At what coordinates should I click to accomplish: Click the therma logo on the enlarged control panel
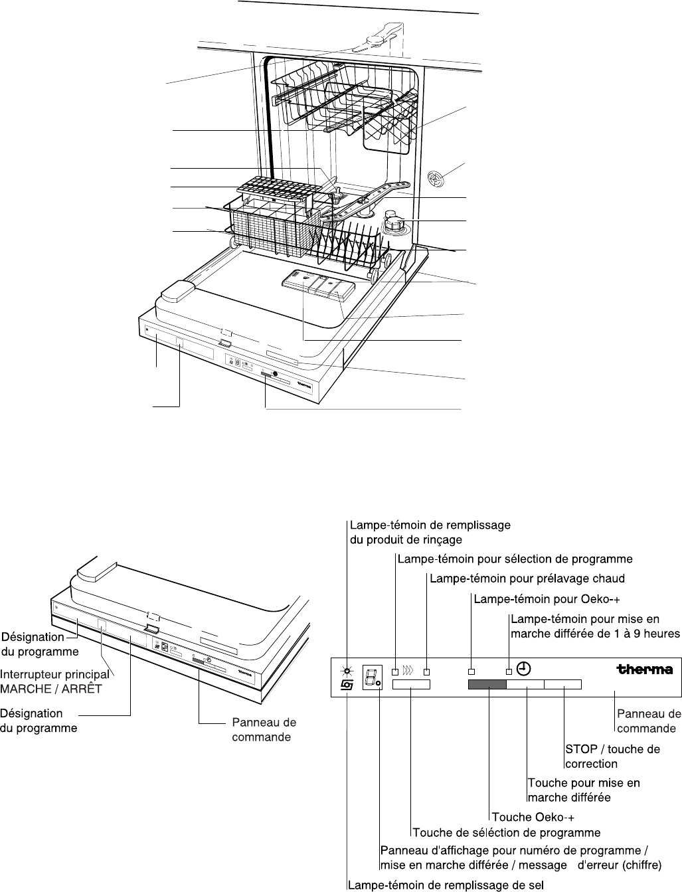(x=644, y=669)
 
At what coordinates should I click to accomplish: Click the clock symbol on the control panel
(x=523, y=668)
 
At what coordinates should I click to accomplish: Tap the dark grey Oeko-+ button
(x=487, y=685)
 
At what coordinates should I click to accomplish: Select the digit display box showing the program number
(x=373, y=677)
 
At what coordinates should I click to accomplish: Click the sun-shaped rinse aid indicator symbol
(x=347, y=671)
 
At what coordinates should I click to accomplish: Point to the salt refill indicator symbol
(x=347, y=685)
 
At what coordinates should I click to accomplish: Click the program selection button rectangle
(x=411, y=685)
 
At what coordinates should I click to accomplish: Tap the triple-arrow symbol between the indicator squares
(x=408, y=670)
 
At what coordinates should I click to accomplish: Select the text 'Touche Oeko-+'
(x=533, y=817)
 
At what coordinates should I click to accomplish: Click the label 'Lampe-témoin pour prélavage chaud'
(x=527, y=579)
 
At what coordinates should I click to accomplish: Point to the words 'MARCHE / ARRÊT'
(x=50, y=689)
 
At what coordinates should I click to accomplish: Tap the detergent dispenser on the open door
(x=318, y=288)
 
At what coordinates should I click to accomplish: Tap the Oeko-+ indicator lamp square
(x=471, y=672)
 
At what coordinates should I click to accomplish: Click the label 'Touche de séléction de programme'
(x=507, y=833)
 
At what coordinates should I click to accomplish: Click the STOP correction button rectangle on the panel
(x=562, y=685)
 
